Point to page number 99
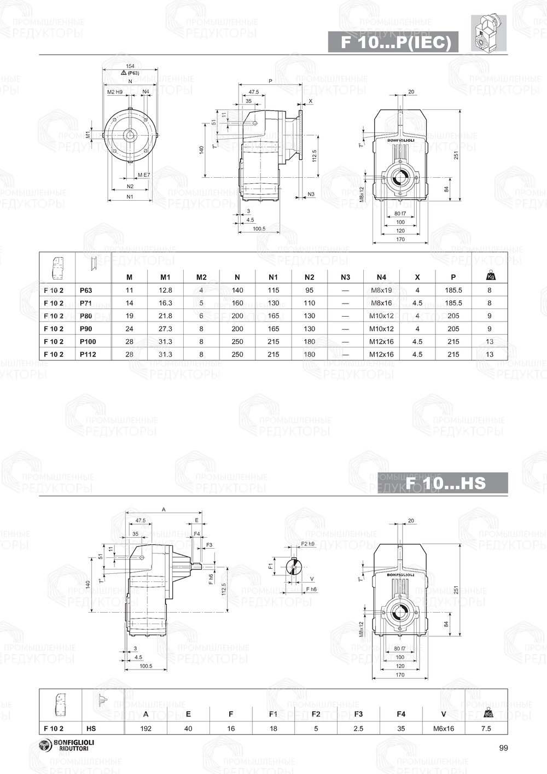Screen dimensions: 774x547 [504, 748]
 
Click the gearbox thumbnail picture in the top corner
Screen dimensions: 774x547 [488, 33]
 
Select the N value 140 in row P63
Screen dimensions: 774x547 [237, 290]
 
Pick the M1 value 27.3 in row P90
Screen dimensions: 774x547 [165, 329]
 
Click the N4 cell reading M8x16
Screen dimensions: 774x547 [381, 303]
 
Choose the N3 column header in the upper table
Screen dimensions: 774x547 [345, 277]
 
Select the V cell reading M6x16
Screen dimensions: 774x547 [444, 729]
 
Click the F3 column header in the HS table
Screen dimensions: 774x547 [358, 714]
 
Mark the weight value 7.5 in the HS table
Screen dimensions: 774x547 [486, 729]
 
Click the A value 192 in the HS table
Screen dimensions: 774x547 [146, 729]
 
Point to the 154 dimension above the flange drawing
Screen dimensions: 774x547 [130, 66]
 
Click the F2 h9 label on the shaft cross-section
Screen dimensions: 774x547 [308, 544]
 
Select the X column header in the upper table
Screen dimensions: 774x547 [417, 277]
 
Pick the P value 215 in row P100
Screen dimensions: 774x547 [453, 342]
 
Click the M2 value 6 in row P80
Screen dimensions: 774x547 [201, 316]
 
